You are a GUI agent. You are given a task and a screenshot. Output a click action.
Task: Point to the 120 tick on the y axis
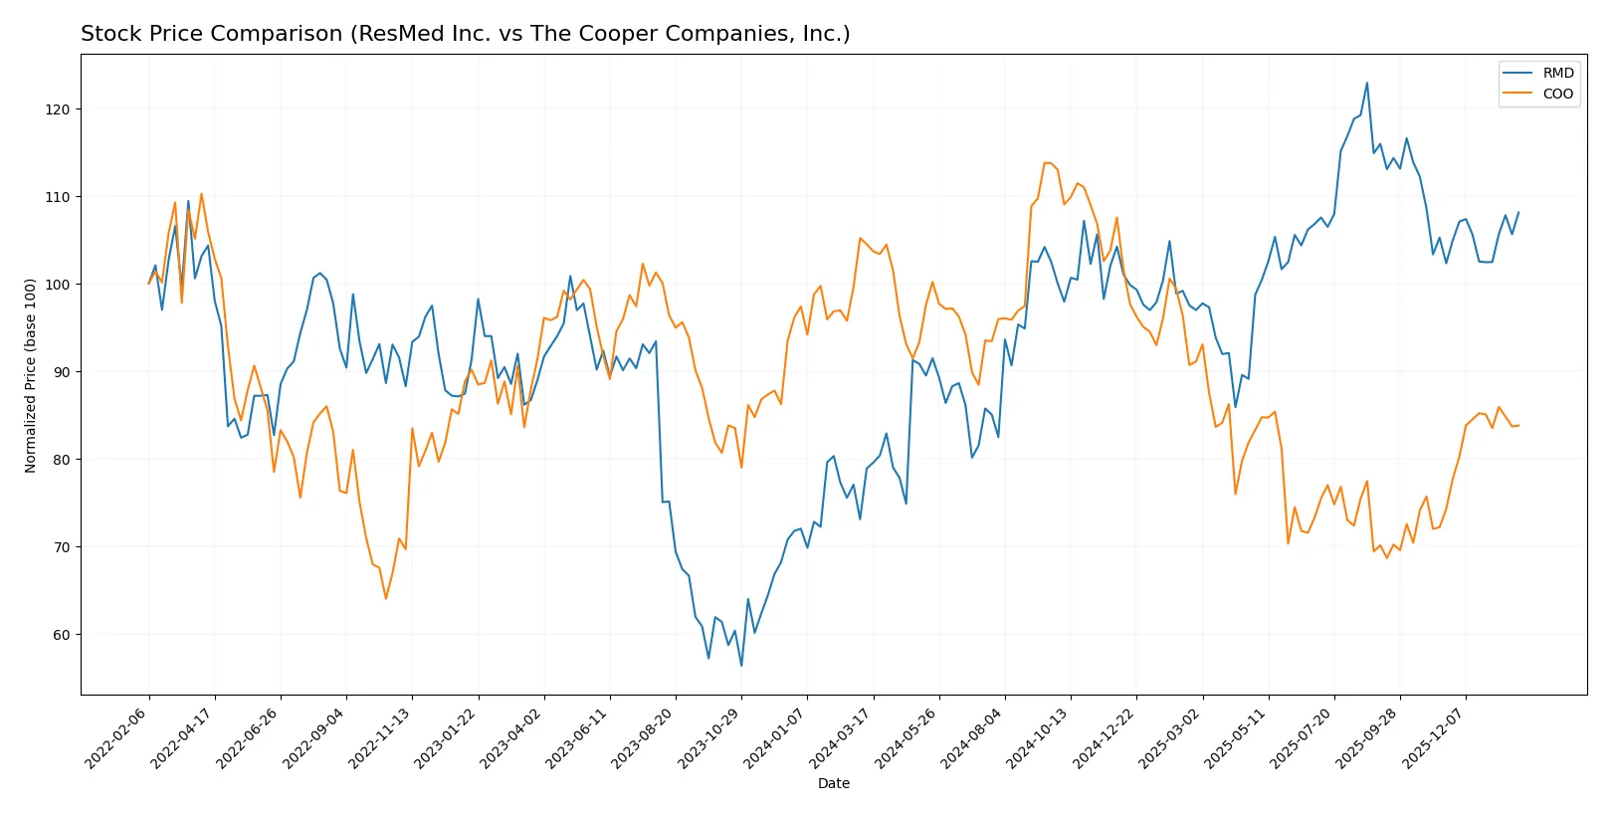(x=57, y=109)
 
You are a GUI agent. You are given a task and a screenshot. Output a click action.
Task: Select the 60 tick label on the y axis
(x=57, y=635)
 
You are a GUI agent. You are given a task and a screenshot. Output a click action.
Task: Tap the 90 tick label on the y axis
(x=57, y=372)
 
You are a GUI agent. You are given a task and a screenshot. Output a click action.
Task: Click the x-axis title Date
(x=833, y=784)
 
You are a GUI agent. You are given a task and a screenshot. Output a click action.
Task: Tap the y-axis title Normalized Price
(x=30, y=375)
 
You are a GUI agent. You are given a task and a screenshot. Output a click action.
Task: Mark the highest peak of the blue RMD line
(x=1366, y=83)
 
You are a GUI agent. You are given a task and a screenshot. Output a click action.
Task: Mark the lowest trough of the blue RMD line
(x=740, y=666)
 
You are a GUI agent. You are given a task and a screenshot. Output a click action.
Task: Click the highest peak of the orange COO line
(x=1045, y=162)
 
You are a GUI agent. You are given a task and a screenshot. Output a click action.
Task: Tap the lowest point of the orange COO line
(x=385, y=598)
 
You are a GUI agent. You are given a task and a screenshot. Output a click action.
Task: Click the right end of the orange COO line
(x=1518, y=426)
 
